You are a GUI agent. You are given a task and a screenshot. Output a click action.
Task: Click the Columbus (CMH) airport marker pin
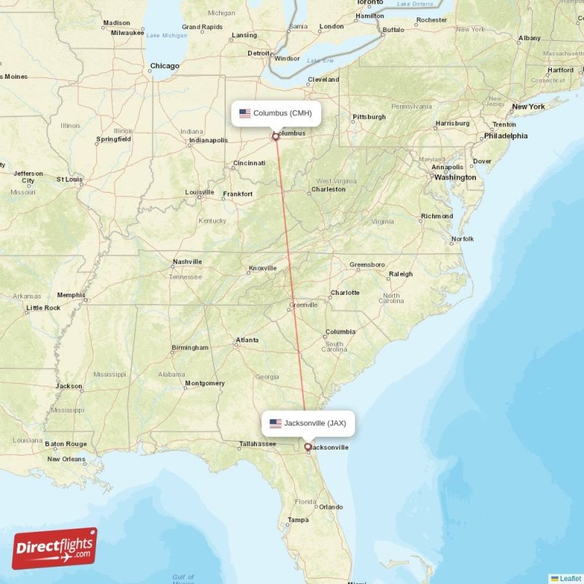(275, 136)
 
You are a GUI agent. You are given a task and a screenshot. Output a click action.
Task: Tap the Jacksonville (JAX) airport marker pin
(307, 447)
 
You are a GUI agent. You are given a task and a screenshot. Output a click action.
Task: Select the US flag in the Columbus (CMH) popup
(245, 113)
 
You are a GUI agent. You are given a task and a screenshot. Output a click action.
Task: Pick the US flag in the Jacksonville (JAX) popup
(275, 423)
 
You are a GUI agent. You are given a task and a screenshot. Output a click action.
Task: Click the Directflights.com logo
(55, 548)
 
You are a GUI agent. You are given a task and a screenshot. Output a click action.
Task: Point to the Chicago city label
(164, 66)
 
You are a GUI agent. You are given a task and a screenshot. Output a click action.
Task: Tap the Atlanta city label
(247, 339)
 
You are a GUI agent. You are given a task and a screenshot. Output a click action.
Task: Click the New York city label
(529, 107)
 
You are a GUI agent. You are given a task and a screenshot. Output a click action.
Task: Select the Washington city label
(455, 177)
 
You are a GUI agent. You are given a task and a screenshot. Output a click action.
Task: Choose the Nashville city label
(187, 261)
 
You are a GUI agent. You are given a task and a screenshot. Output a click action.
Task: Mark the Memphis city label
(71, 295)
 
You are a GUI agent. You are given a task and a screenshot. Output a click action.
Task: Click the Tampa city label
(298, 520)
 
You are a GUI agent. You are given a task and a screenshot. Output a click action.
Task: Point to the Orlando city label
(330, 507)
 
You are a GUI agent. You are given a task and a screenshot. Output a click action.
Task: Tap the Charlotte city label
(345, 293)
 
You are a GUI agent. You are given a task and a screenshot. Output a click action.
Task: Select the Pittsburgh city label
(369, 117)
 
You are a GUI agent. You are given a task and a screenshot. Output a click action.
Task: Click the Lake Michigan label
(166, 35)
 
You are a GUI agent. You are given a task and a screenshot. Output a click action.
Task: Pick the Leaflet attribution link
(570, 578)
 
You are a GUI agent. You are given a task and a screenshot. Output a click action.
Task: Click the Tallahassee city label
(258, 443)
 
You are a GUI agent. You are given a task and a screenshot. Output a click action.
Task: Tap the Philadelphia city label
(505, 136)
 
